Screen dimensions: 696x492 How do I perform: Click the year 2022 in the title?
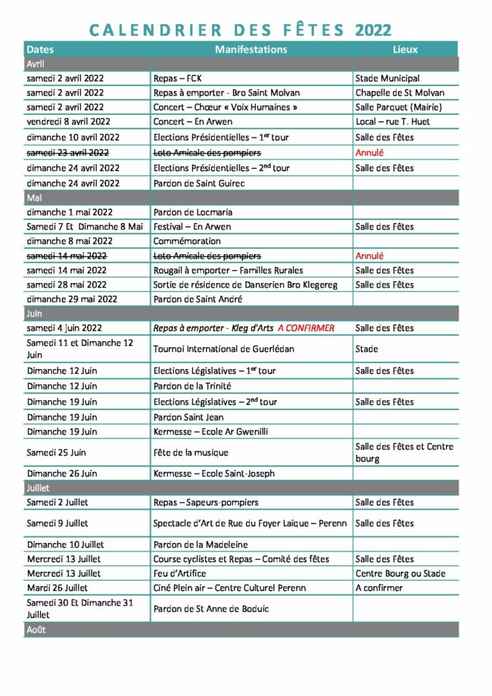pyautogui.click(x=372, y=30)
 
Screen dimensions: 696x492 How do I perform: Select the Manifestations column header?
pyautogui.click(x=251, y=49)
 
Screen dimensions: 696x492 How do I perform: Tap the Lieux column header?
pyautogui.click(x=405, y=49)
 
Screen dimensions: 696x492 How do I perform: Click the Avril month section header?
pyautogui.click(x=36, y=64)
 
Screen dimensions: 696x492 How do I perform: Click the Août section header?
pyautogui.click(x=36, y=629)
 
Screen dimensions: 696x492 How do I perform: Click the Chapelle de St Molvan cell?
pyautogui.click(x=400, y=93)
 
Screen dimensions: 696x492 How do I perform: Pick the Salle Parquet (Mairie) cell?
pyautogui.click(x=398, y=107)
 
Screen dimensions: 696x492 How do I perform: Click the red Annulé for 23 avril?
pyautogui.click(x=369, y=153)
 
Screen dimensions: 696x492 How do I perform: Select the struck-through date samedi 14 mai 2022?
pyautogui.click(x=67, y=256)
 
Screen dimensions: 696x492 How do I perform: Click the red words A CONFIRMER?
pyautogui.click(x=306, y=328)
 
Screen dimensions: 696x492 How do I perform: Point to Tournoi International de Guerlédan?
pyautogui.click(x=223, y=349)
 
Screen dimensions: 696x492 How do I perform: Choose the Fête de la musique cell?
pyautogui.click(x=190, y=452)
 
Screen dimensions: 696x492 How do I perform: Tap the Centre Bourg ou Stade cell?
pyautogui.click(x=400, y=573)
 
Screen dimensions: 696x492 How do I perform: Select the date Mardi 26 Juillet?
pyautogui.click(x=58, y=588)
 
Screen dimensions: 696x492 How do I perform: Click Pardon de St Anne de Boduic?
pyautogui.click(x=211, y=609)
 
